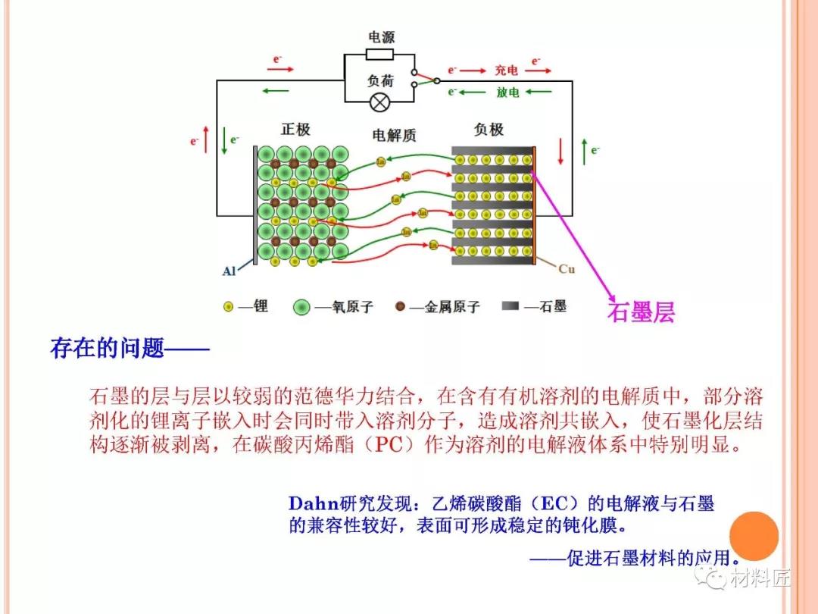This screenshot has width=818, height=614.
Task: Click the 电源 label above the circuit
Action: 381,37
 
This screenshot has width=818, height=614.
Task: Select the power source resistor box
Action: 379,54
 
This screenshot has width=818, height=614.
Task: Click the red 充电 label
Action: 507,70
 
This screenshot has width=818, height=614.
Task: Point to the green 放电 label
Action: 507,92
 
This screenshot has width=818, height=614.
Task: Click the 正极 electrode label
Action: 295,130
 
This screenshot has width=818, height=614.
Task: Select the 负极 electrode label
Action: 489,130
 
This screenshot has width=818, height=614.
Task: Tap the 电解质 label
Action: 394,136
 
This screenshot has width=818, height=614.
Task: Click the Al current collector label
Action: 229,271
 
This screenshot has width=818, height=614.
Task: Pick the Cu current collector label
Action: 567,269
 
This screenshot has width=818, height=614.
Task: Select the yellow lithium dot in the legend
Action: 228,307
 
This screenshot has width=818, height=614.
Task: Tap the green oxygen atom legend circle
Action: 302,307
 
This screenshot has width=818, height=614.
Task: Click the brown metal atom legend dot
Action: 400,306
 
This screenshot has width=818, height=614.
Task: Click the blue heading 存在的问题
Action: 107,349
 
